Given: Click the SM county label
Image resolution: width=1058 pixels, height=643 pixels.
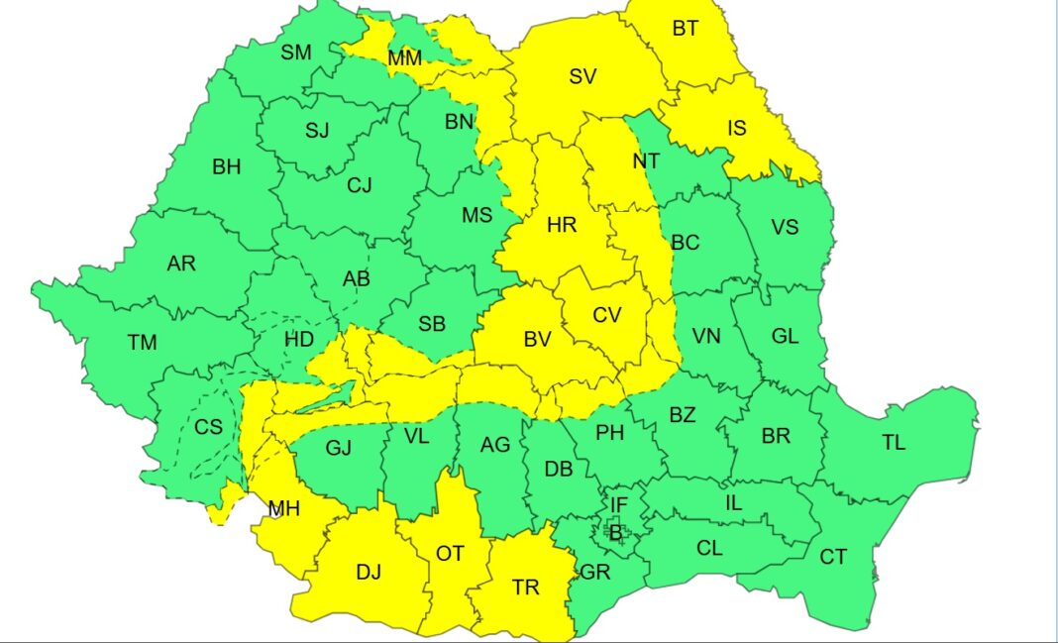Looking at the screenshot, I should coord(295,53).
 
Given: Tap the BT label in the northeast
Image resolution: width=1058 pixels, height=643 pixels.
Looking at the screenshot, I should coord(685,29).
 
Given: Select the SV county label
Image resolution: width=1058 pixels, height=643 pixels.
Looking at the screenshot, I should coord(582,76).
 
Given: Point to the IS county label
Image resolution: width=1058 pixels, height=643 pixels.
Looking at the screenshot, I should coord(737,128).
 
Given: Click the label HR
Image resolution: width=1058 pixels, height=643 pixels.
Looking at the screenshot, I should coord(562,226).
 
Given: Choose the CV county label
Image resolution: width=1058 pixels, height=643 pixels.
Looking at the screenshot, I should coord(606,315).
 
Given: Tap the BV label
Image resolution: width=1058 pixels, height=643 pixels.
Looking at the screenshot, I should coord(537,340).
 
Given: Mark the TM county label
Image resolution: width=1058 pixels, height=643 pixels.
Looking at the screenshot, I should coord(142,343).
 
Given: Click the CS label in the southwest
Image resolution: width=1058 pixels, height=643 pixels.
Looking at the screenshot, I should coord(208,427).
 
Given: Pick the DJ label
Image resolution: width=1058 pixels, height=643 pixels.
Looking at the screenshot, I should coord(369,572).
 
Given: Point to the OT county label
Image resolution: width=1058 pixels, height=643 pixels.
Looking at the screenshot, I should coord(450,554).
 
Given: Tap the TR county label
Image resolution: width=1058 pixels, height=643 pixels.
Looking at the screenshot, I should coord(526,588).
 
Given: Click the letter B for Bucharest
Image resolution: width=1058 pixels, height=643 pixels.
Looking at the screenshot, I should coord(614,532).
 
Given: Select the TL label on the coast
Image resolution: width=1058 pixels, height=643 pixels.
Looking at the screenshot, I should coord(894,443).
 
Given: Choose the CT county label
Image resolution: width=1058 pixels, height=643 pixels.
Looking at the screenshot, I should coord(833,557).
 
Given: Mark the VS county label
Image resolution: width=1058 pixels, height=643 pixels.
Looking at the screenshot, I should coord(785,227).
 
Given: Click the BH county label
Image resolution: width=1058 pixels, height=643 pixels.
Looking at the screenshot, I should coord(226,166).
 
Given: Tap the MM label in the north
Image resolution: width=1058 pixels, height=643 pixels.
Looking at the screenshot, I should coord(404,58).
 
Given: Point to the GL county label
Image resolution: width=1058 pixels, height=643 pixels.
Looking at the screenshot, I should coord(785,336).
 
